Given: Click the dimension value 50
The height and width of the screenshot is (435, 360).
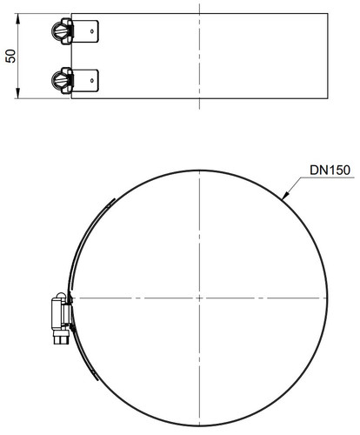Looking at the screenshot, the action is tap(10, 56).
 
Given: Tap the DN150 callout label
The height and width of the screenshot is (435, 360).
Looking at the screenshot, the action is tap(330, 170).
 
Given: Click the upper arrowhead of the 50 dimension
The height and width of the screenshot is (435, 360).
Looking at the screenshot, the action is tap(17, 18).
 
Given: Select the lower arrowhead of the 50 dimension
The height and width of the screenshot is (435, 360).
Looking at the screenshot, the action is tap(17, 93).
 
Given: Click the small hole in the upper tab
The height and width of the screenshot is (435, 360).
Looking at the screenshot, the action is tap(92, 31).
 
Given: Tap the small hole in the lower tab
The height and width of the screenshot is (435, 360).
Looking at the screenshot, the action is tap(92, 80).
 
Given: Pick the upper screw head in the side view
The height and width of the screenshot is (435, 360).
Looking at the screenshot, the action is tap(59, 31).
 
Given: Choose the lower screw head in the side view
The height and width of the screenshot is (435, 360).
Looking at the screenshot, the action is tap(59, 80).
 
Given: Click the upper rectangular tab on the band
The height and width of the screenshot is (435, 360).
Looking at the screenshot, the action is tap(85, 31).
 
